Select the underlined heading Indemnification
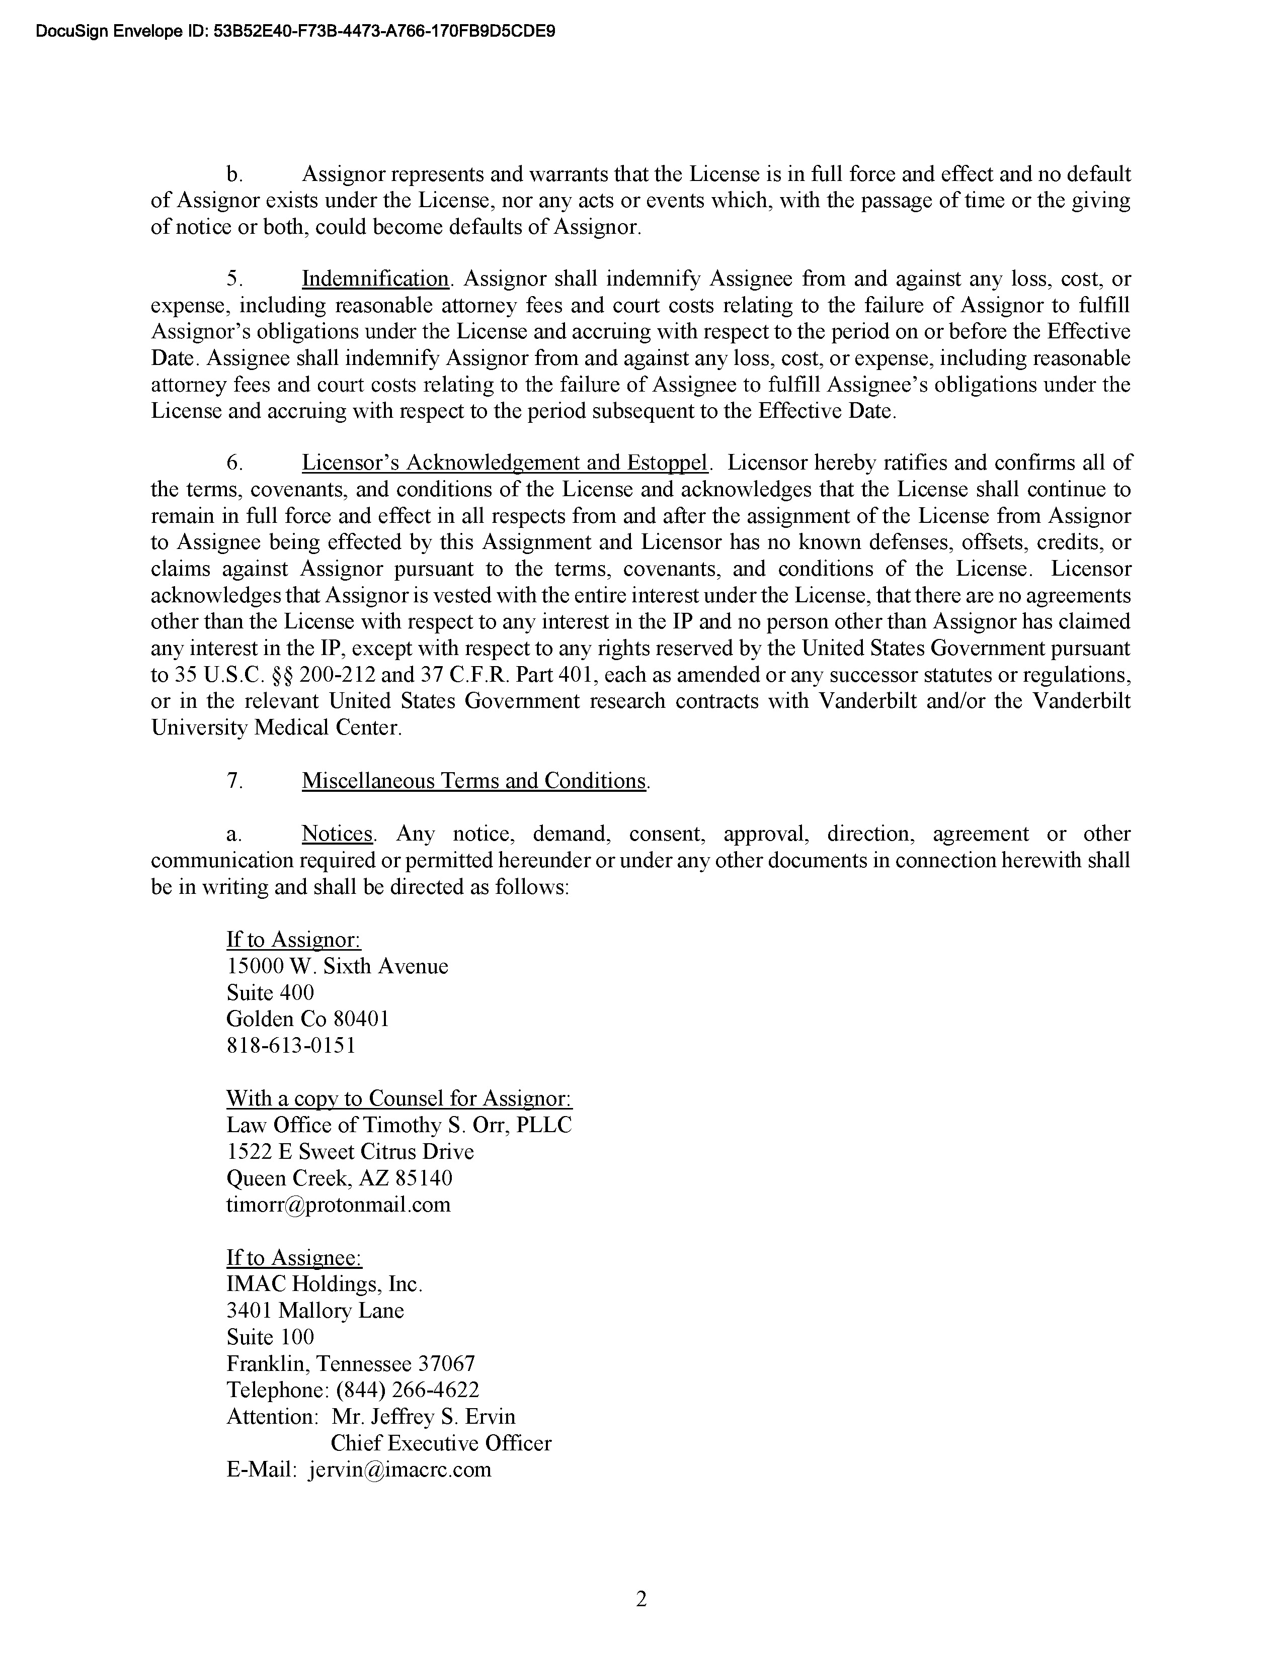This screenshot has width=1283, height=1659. pyautogui.click(x=375, y=279)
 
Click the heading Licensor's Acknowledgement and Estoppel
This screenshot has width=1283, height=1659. pyautogui.click(x=505, y=463)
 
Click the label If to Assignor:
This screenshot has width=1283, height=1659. pyautogui.click(x=293, y=940)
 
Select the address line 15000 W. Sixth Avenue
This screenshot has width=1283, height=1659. pyautogui.click(x=337, y=966)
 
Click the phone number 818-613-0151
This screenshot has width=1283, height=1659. pyautogui.click(x=291, y=1045)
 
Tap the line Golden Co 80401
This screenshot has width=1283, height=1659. pyautogui.click(x=308, y=1019)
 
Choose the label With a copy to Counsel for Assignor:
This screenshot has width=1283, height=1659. pyautogui.click(x=399, y=1098)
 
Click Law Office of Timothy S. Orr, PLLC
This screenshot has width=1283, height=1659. pyautogui.click(x=399, y=1125)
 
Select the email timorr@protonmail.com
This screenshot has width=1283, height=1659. pyautogui.click(x=338, y=1204)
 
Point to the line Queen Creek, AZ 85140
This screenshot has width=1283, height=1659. pyautogui.click(x=339, y=1177)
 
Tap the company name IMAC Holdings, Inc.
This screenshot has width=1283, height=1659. pyautogui.click(x=324, y=1284)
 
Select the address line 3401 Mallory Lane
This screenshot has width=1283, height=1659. pyautogui.click(x=314, y=1310)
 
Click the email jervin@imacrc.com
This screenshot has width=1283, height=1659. pyautogui.click(x=400, y=1469)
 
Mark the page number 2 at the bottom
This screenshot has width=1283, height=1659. pyautogui.click(x=640, y=1600)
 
